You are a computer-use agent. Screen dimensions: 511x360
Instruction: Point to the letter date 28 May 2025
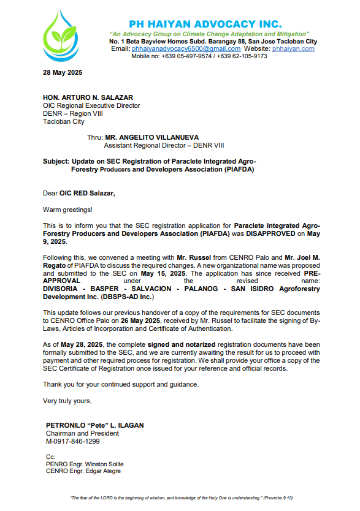[x=63, y=72]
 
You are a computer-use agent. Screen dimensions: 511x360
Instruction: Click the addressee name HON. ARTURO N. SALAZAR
[x=88, y=97]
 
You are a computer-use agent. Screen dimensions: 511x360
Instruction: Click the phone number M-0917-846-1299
[x=72, y=441]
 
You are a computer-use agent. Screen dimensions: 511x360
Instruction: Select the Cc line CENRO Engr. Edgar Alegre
[x=83, y=471]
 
